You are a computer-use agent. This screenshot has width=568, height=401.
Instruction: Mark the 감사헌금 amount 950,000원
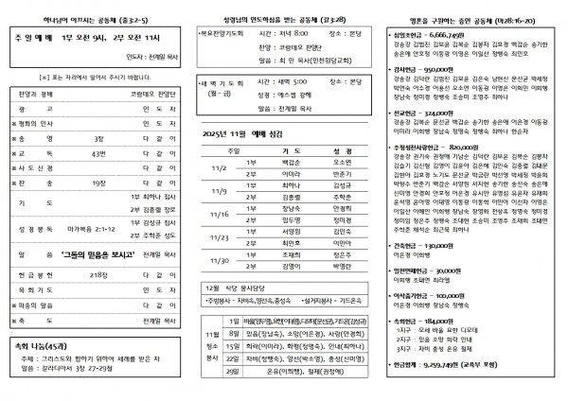443,69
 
